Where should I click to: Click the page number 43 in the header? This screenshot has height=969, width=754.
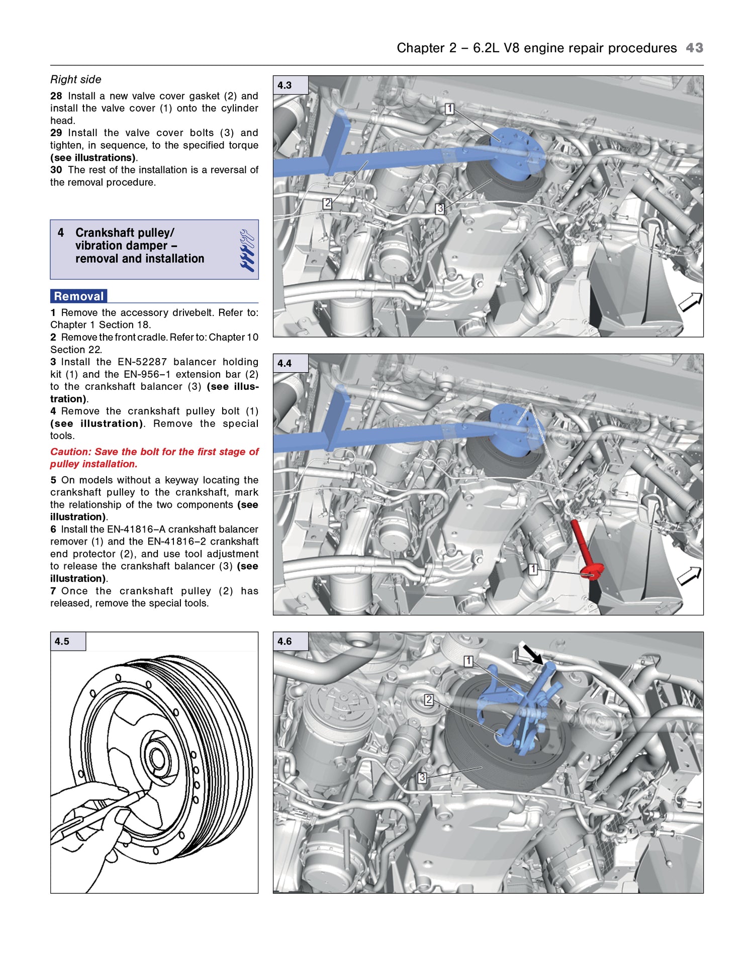[694, 48]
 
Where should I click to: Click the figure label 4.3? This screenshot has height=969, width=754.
[285, 85]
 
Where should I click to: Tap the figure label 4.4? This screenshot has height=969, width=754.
[285, 363]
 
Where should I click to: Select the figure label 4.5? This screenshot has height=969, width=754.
[62, 641]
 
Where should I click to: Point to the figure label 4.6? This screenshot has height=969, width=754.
[285, 641]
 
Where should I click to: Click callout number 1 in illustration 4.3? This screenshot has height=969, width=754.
[449, 109]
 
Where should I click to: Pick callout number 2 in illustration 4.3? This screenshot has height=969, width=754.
[327, 203]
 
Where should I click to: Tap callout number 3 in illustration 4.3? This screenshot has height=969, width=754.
[439, 208]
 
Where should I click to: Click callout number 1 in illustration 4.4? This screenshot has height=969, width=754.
[533, 569]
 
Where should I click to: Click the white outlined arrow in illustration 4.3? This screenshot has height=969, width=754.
[690, 302]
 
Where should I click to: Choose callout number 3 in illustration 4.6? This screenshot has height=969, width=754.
[422, 778]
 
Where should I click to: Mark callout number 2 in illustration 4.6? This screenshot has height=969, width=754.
[428, 699]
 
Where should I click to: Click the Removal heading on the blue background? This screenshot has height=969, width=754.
[79, 296]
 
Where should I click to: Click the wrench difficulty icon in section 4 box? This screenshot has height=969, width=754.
[247, 250]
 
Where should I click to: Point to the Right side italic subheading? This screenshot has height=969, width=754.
[76, 79]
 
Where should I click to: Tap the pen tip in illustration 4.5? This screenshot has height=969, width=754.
[144, 792]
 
